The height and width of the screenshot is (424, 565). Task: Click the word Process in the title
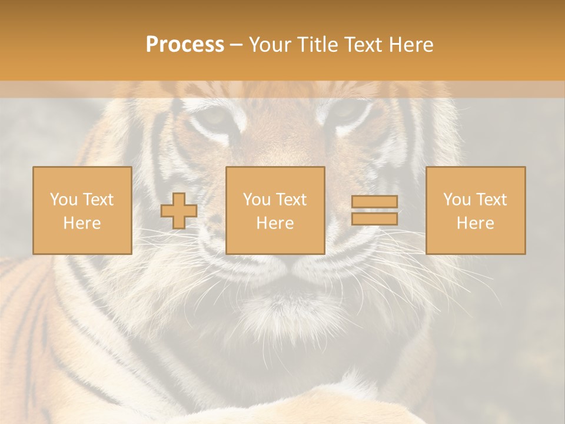tap(185, 45)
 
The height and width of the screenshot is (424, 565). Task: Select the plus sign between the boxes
tap(179, 211)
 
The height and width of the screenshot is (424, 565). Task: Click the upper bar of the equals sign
tap(374, 202)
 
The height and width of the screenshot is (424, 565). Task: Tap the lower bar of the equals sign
tap(374, 218)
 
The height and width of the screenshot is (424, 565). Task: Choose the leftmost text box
tap(82, 210)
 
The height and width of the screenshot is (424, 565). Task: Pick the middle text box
tap(275, 210)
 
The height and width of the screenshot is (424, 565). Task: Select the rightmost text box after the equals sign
tap(475, 210)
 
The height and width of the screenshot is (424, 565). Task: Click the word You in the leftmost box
tap(63, 200)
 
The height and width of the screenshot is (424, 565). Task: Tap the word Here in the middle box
tap(275, 223)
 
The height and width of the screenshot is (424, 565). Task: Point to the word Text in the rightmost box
tap(492, 200)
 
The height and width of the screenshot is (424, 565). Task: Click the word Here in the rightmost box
tap(475, 223)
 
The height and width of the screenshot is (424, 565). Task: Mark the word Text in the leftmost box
tap(98, 200)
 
